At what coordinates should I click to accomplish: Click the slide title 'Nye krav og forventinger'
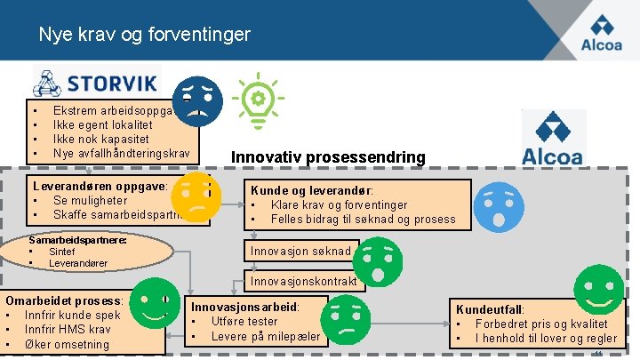[144, 36]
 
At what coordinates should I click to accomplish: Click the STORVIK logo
[96, 82]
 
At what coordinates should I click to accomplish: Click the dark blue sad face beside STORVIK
[197, 100]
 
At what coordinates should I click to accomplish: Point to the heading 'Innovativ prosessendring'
[328, 157]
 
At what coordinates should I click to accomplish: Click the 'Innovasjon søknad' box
[302, 252]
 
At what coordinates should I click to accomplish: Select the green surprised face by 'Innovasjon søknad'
[379, 260]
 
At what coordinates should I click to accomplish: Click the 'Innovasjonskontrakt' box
[302, 282]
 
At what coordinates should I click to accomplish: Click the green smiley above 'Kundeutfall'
[598, 289]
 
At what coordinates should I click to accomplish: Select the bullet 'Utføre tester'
[244, 321]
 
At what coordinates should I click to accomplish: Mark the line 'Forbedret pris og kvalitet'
[541, 324]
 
